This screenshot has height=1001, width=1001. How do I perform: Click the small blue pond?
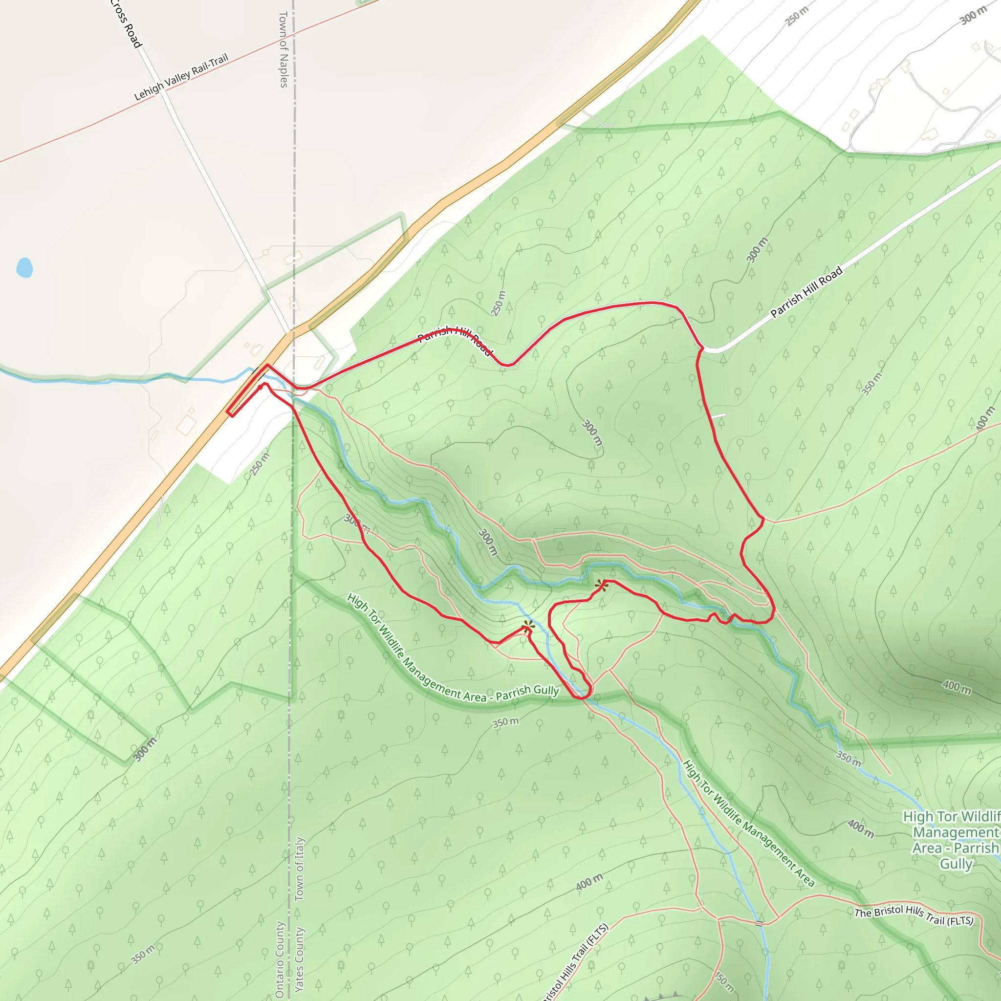(x=24, y=267)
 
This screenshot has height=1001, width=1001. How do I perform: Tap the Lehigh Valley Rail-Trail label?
(x=181, y=77)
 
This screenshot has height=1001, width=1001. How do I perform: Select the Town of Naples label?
(x=283, y=49)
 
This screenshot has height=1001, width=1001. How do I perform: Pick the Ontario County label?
(x=280, y=959)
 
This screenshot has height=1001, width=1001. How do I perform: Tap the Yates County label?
(x=300, y=959)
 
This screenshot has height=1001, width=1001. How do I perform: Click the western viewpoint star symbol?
(x=528, y=627)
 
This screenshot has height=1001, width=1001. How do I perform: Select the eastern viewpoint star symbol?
(x=601, y=586)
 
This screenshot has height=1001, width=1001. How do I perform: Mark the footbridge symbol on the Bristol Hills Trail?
(x=759, y=923)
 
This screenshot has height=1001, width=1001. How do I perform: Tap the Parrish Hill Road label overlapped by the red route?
(x=455, y=339)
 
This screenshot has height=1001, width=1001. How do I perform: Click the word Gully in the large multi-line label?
(x=956, y=864)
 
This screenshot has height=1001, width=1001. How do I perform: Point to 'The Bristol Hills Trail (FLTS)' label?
(x=914, y=915)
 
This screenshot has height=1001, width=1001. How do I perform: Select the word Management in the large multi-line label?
(x=956, y=832)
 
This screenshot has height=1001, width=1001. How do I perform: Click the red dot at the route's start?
(x=260, y=386)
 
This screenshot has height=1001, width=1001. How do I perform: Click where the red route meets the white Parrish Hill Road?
(x=701, y=348)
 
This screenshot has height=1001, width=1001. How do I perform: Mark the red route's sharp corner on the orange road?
(x=228, y=413)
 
